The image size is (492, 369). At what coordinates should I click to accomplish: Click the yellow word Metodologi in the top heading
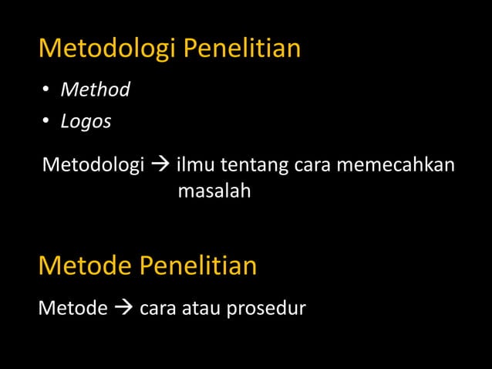pyautogui.click(x=107, y=49)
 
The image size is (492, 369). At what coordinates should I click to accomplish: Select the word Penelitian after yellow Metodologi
pyautogui.click(x=241, y=49)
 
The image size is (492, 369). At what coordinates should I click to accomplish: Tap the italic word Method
pyautogui.click(x=95, y=90)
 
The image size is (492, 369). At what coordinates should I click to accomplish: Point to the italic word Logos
pyautogui.click(x=86, y=122)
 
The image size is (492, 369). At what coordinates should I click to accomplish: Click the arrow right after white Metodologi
pyautogui.click(x=160, y=166)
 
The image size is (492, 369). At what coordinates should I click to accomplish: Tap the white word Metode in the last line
pyautogui.click(x=72, y=309)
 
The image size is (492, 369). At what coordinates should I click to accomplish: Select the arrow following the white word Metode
pyautogui.click(x=123, y=309)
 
